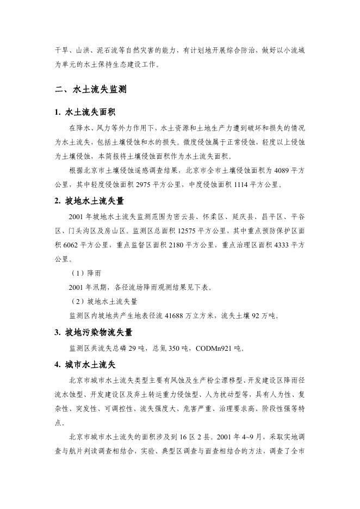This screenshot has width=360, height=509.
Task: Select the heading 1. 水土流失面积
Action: tap(85, 113)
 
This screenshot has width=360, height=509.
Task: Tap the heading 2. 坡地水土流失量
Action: tap(89, 201)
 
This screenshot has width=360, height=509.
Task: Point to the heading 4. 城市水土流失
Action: tap(85, 364)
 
